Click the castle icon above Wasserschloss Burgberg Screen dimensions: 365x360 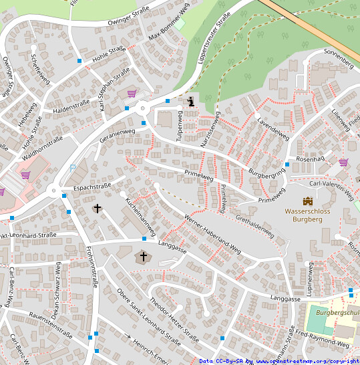[308, 201]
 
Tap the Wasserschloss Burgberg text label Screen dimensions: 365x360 [308, 215]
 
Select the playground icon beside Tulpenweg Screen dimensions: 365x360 [192, 102]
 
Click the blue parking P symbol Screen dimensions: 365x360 [73, 168]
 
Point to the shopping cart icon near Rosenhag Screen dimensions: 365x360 [343, 162]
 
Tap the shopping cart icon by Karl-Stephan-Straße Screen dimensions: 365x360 [132, 94]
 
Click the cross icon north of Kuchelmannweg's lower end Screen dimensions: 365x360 [98, 209]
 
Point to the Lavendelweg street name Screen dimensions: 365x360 [273, 129]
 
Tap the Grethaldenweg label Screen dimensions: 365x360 [254, 227]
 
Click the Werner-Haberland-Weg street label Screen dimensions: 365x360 [212, 234]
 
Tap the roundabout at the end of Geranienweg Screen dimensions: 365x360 [142, 109]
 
